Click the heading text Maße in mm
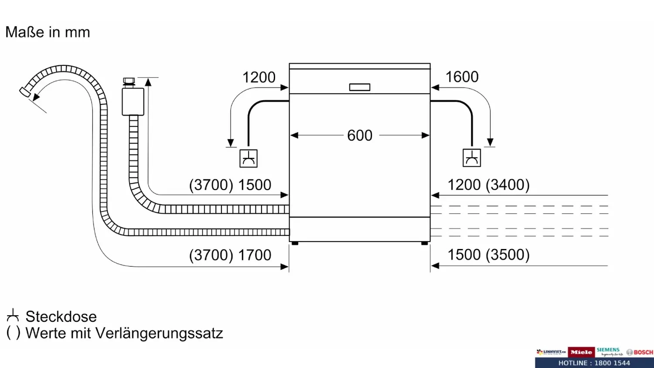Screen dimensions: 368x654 coord(48,32)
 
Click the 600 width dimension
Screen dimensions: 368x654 coord(360,136)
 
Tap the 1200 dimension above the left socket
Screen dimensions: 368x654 coord(259,78)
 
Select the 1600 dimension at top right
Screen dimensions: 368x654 coord(462,77)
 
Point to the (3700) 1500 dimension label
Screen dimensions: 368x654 coord(230,185)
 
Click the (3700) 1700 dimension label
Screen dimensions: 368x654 coord(230,255)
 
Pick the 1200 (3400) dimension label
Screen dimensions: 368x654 coord(488,185)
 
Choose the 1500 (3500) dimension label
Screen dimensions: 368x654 coord(488,255)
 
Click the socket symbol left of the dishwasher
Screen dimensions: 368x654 coord(249,158)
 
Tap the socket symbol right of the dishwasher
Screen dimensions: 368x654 coord(472,158)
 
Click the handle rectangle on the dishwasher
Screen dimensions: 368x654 coord(360,87)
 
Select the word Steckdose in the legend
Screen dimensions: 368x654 coord(61,317)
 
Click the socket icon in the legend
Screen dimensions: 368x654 coord(13,315)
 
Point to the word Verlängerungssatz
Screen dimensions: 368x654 coord(159,333)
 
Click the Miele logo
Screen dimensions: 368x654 coord(581,352)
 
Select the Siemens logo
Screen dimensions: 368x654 coord(608,351)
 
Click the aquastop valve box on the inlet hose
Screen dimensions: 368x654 coord(133,102)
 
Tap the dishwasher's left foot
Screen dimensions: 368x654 coord(295,243)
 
